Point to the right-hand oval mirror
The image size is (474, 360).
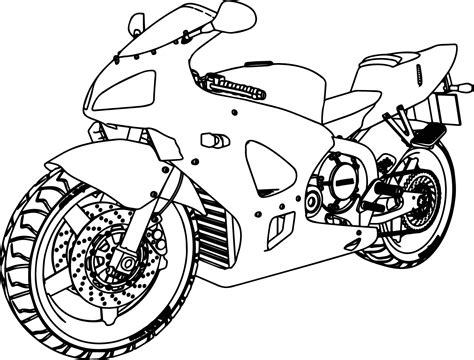pyautogui.click(x=236, y=15)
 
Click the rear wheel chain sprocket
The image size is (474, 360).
pyautogui.click(x=421, y=196)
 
